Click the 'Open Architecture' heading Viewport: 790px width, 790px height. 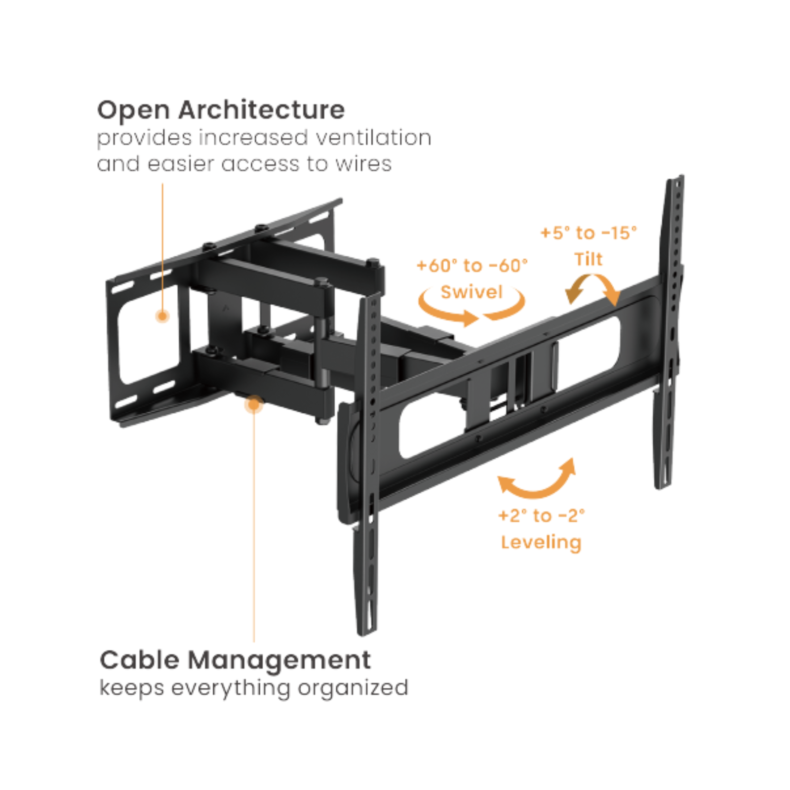[x=221, y=110]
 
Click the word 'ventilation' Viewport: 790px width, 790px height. [x=373, y=138]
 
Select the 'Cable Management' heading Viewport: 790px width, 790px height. [x=235, y=660]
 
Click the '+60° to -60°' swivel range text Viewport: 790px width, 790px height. [x=472, y=266]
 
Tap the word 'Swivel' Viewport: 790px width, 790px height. [x=472, y=292]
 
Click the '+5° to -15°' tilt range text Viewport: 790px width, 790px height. [x=589, y=233]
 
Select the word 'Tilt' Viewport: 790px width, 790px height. [x=588, y=259]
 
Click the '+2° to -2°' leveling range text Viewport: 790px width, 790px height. [x=541, y=516]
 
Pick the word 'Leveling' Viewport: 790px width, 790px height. [x=541, y=542]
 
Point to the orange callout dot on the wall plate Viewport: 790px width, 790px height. [x=162, y=316]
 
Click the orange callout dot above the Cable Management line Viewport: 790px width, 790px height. [x=254, y=405]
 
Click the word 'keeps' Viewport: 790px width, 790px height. [x=131, y=688]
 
